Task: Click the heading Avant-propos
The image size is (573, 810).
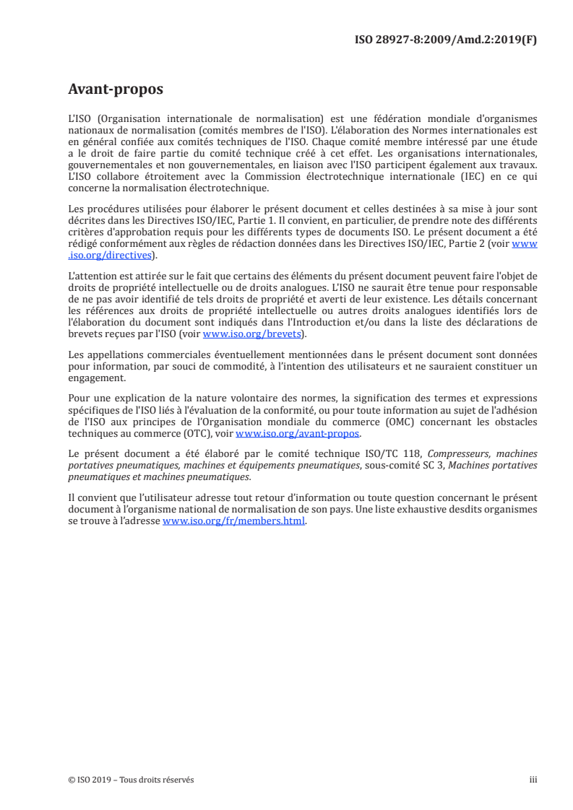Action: [115, 90]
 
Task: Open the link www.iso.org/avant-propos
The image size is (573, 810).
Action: [298, 434]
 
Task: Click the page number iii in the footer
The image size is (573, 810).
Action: [533, 780]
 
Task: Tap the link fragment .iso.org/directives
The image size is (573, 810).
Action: [111, 254]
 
